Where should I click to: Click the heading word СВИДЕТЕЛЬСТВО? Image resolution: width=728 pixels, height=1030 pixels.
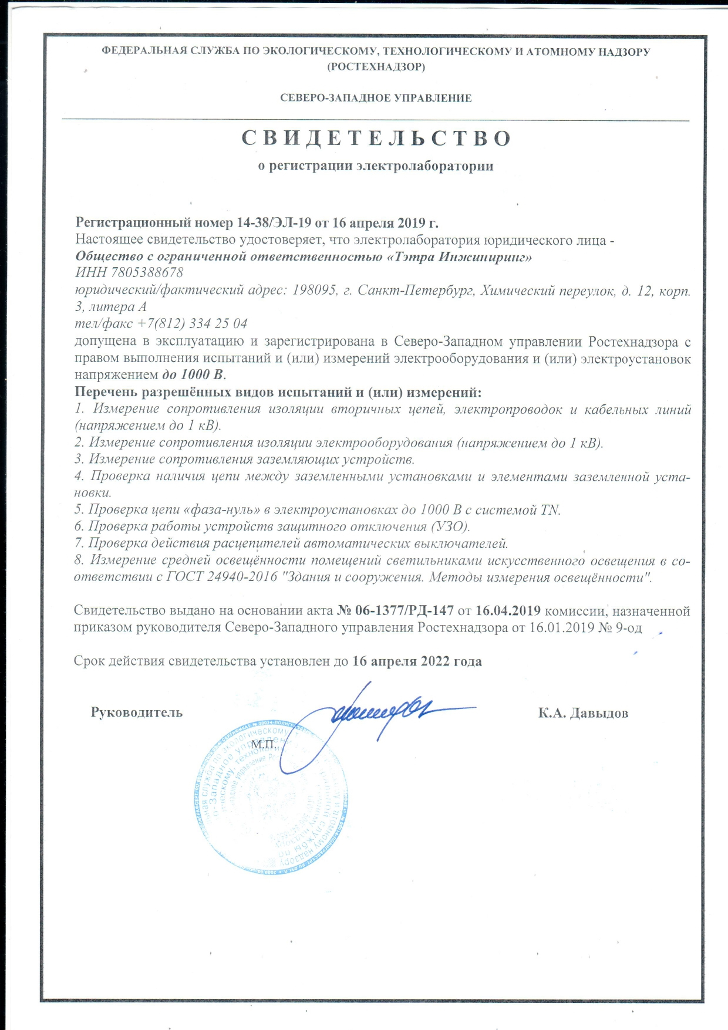click(x=376, y=139)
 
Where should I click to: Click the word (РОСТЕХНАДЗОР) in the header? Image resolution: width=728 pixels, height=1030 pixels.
click(x=376, y=66)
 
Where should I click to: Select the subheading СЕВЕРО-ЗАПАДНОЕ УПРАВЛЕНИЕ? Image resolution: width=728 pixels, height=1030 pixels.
click(x=376, y=98)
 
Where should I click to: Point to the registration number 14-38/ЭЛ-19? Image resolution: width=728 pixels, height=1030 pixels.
click(x=274, y=223)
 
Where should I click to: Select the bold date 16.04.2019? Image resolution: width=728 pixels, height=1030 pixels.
click(x=508, y=611)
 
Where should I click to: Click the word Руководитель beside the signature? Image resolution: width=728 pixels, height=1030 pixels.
click(x=136, y=712)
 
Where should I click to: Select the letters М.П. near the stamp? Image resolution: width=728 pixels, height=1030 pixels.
click(x=263, y=745)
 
